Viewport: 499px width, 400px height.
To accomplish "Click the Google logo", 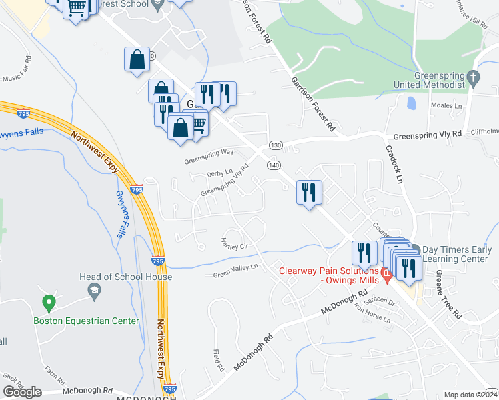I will coord(22,392).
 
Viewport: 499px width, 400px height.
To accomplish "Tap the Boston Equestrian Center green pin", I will coord(48,303).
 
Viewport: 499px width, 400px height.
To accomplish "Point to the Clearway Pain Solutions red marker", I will coord(384,272).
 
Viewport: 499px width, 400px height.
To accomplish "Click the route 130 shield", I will coord(276,145).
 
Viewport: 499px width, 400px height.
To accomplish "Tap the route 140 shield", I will coord(274,164).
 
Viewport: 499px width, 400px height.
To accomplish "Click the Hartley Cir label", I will coord(235,243).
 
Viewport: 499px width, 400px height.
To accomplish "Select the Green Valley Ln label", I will coord(235,271).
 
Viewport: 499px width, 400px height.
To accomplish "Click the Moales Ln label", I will coord(446,105).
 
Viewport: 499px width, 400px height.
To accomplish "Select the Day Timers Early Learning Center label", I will coord(456,253).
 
